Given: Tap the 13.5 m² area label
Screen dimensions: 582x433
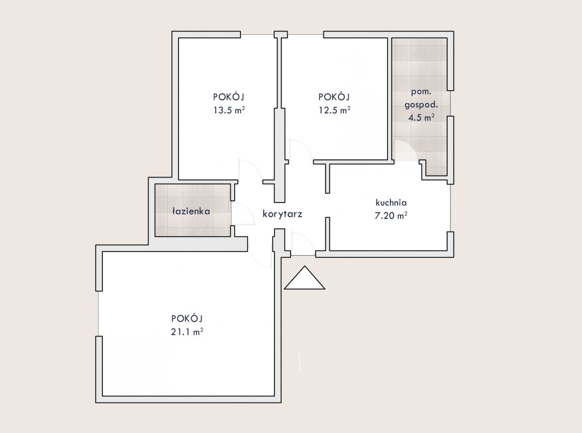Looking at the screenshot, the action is pos(229,110).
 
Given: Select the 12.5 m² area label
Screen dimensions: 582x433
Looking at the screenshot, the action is pos(334,110).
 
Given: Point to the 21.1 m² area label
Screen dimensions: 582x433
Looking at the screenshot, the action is pos(187,332).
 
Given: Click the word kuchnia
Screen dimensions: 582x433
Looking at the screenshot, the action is pos(391,202).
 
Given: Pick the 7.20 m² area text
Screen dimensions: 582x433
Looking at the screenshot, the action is pos(391,216).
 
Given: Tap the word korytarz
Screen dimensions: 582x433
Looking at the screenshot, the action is pos(282,214).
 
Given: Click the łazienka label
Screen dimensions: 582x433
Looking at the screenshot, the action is pos(191,211).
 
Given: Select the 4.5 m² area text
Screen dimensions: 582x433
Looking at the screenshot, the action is pos(421,117).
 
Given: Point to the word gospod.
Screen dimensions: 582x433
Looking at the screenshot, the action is pos(421,105).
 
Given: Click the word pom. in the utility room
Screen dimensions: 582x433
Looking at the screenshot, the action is pos(421,92).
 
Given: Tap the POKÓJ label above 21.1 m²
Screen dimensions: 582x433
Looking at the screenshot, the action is pos(187,318).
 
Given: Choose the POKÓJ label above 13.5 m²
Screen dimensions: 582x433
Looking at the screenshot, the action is pos(229,97).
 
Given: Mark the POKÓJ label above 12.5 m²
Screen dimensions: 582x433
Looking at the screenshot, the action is pos(334,97).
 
